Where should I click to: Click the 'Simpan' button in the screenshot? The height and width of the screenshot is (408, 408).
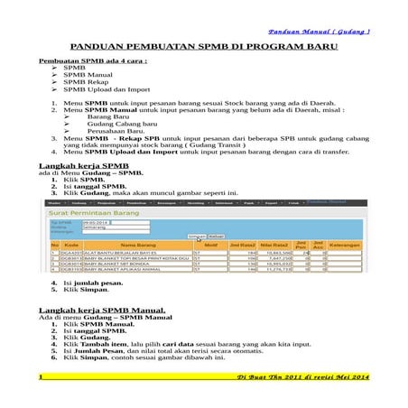click(x=196, y=236)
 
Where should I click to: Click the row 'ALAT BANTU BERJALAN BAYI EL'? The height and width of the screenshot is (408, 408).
click(x=127, y=254)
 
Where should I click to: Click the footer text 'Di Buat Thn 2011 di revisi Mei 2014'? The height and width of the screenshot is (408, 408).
click(x=298, y=376)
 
